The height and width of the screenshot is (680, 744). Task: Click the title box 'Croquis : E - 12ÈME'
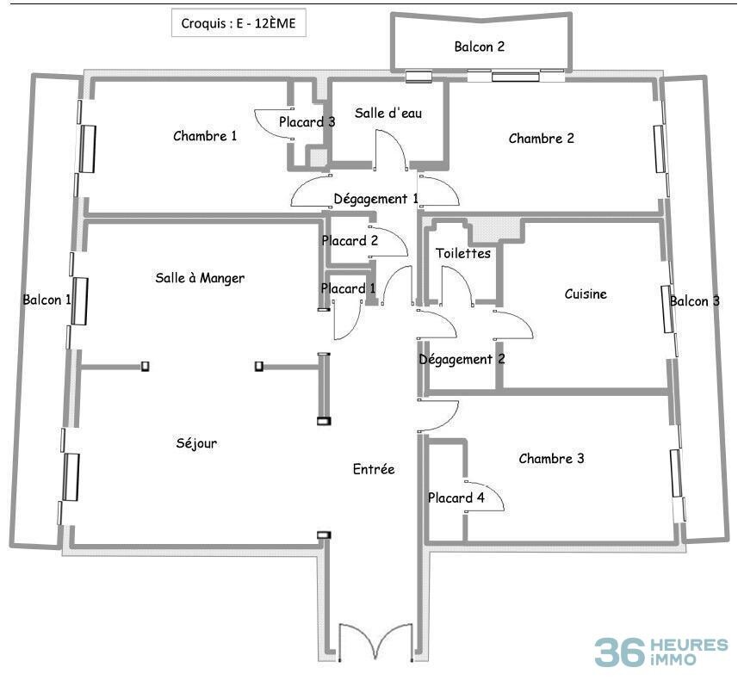tap(239, 23)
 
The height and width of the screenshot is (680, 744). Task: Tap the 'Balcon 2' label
tap(479, 47)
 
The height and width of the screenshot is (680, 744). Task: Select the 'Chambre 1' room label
tap(205, 136)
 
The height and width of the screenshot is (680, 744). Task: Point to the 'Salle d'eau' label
tap(388, 113)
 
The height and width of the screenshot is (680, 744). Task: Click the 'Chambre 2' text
tap(541, 139)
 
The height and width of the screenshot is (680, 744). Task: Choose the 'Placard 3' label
tap(307, 122)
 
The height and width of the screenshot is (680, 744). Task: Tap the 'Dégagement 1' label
tap(376, 199)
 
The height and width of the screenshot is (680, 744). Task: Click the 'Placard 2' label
tap(350, 241)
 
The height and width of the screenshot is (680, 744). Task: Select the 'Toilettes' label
tap(463, 253)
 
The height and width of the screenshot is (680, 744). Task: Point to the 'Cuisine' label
tap(586, 294)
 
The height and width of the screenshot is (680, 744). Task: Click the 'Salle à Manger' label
tap(200, 278)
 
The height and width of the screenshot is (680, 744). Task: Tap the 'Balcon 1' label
tap(46, 300)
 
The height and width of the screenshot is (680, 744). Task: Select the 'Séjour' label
tap(196, 444)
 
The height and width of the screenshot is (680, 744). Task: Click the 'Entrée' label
tap(374, 469)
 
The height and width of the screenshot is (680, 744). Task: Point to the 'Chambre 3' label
tap(551, 459)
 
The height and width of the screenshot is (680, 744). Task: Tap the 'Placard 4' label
tap(456, 498)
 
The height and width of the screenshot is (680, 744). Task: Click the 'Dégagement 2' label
tap(462, 360)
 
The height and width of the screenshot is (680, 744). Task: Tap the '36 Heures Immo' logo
tap(660, 652)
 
